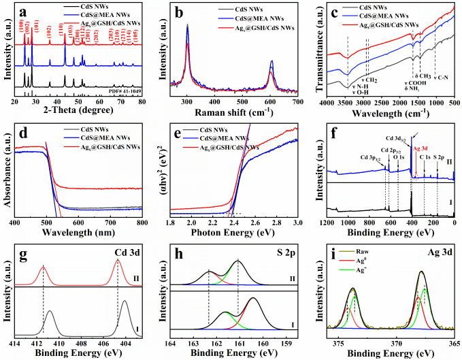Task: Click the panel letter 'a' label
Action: click(x=22, y=12)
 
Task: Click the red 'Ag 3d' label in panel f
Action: click(x=421, y=148)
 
